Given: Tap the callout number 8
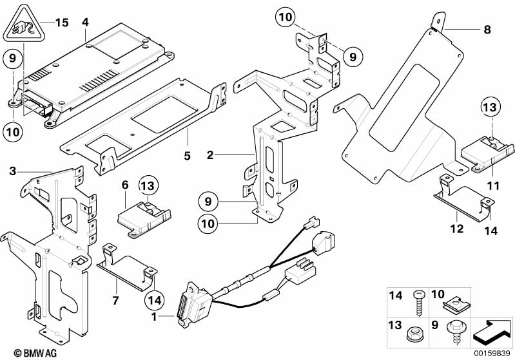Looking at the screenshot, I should pos(487,29).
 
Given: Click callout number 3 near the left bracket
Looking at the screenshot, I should pos(13,170).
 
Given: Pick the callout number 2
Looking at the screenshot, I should pos(209,155).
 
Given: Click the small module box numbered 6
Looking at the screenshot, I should pos(141,216).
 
